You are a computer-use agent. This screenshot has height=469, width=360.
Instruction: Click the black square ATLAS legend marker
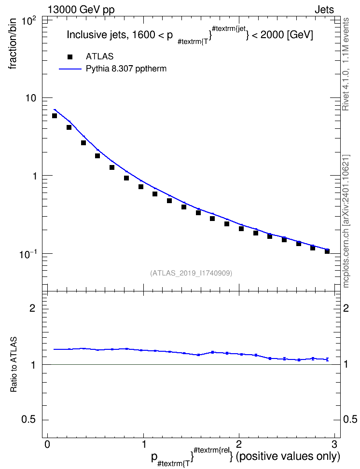(70, 57)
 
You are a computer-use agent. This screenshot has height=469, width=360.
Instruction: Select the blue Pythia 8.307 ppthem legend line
(70, 69)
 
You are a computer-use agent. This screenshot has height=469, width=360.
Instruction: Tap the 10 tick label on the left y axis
(30, 98)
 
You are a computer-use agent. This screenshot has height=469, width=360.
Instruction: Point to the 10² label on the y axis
(28, 22)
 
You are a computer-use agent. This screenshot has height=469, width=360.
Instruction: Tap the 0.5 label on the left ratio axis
(28, 420)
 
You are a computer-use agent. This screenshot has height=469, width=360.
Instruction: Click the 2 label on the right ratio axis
(346, 308)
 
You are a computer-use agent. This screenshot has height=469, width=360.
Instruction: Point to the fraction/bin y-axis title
(13, 44)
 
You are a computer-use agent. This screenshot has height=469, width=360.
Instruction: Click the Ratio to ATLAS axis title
(14, 365)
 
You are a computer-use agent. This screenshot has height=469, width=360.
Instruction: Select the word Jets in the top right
(324, 10)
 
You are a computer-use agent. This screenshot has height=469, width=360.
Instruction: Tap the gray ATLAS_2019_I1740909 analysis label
(191, 273)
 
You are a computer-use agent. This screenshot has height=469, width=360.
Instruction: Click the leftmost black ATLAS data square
(55, 116)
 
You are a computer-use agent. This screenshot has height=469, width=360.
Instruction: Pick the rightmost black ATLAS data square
(327, 251)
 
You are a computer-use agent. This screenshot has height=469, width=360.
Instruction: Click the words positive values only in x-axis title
(288, 456)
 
